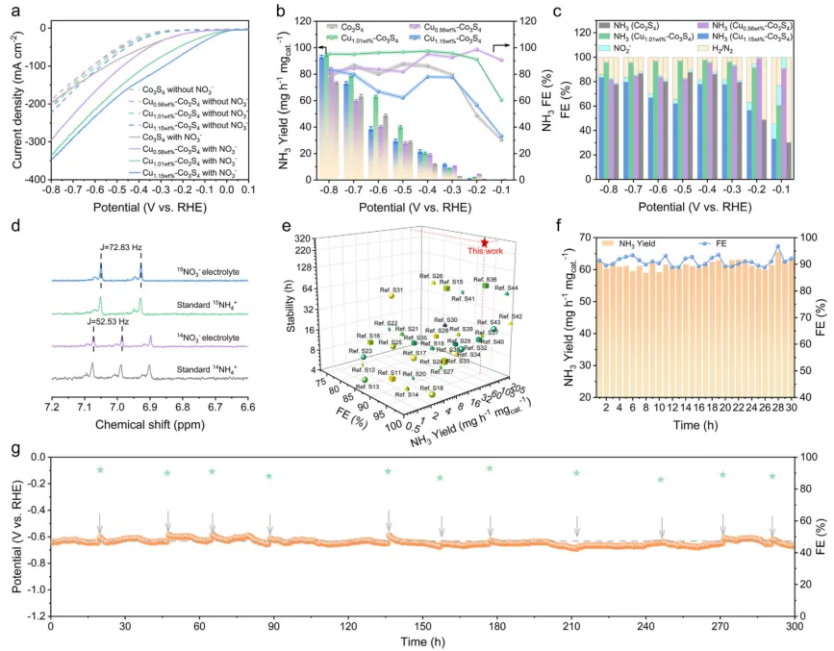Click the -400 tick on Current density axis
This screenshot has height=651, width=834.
point(33,180)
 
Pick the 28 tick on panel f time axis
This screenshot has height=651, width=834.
point(777,409)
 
